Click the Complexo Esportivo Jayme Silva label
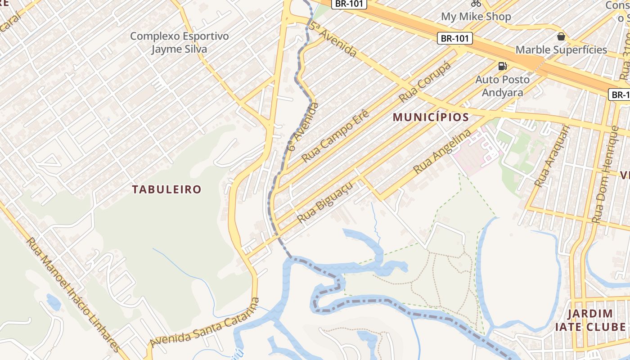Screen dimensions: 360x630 179,42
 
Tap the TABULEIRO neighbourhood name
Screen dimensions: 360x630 166,189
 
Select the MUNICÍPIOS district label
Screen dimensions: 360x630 431,117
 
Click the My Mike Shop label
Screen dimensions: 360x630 476,17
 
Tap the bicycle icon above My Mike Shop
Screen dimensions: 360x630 476,4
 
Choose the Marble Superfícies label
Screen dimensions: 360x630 561,49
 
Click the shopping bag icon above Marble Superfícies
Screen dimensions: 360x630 561,36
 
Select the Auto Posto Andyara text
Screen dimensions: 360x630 502,86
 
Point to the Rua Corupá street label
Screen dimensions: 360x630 424,82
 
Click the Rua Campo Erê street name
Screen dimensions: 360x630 335,135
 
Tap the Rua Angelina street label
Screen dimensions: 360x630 442,151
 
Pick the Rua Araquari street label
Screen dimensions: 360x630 552,156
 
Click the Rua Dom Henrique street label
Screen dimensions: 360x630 606,175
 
